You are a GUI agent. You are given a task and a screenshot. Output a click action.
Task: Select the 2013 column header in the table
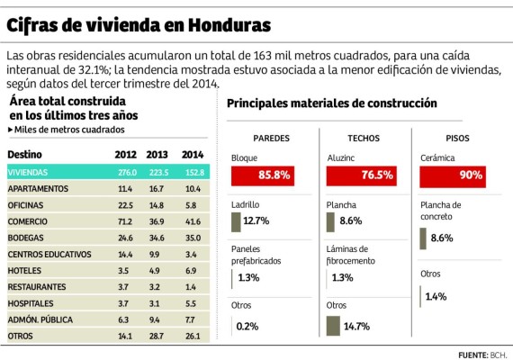(x=157, y=155)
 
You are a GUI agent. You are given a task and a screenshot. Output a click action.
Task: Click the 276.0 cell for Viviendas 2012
(x=126, y=172)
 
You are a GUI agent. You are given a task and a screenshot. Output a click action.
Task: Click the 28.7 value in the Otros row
(x=157, y=336)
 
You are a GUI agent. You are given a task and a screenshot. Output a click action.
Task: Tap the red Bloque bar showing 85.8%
(x=262, y=175)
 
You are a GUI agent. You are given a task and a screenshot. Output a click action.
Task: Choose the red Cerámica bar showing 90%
(x=453, y=175)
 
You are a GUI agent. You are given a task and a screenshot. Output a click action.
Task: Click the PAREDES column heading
(x=270, y=139)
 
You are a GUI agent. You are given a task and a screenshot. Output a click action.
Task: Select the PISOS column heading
(x=456, y=139)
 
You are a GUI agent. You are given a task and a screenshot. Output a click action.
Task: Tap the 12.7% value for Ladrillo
(x=256, y=220)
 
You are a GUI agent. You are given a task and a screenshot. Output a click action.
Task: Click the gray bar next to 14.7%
(x=334, y=325)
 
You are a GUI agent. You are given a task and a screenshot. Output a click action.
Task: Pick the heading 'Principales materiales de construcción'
(x=331, y=104)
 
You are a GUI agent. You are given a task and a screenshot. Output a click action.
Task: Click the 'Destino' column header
(x=24, y=155)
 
